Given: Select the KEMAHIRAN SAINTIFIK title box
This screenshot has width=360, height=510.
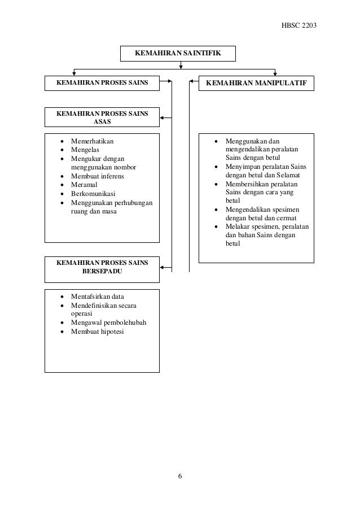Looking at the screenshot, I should click(x=177, y=53).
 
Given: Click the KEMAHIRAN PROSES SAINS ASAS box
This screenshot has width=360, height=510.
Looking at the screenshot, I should click(x=102, y=117).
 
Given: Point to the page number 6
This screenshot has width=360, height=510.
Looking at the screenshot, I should click(x=180, y=476).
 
